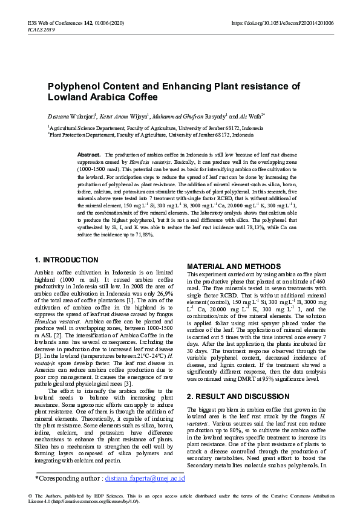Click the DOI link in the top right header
[283, 23]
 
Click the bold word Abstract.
[89, 155]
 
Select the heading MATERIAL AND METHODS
[225, 267]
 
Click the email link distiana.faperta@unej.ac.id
[145, 479]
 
